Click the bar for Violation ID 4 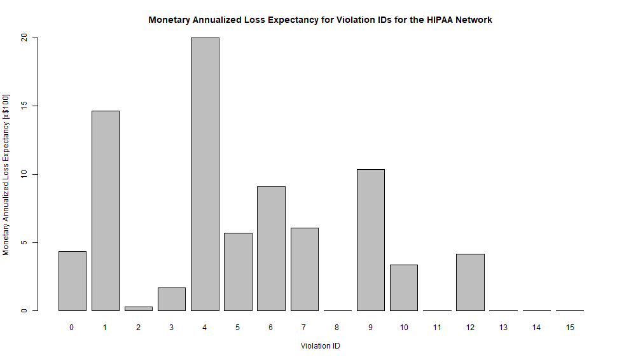click(x=205, y=174)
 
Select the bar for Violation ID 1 click(x=106, y=211)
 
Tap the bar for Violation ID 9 click(x=370, y=240)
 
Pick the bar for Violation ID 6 click(x=271, y=248)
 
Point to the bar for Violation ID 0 click(x=73, y=280)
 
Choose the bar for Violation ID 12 click(x=470, y=282)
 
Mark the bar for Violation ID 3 click(x=172, y=299)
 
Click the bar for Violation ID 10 click(x=404, y=287)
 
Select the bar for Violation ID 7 click(x=304, y=269)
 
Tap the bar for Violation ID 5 click(x=238, y=272)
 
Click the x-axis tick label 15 click(x=569, y=327)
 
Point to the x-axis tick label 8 click(x=337, y=327)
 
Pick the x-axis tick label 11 click(x=437, y=327)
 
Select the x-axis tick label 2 click(x=139, y=327)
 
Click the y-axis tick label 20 click(x=25, y=38)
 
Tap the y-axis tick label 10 click(x=25, y=174)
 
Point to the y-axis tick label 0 click(x=25, y=310)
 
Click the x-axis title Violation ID click(x=321, y=346)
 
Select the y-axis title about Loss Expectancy click(x=6, y=174)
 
